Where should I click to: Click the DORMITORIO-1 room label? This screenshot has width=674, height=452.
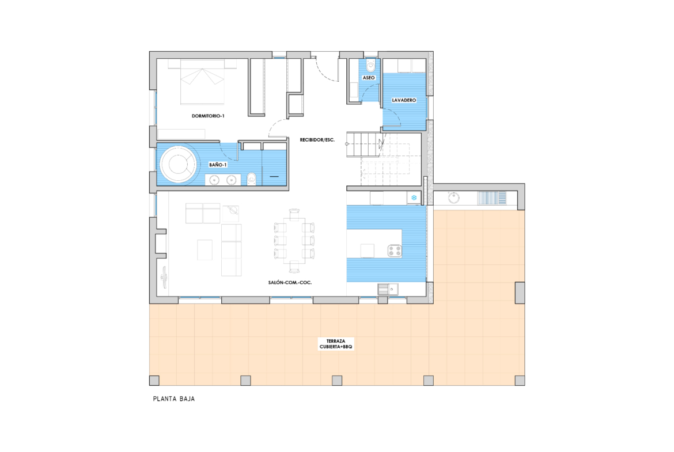(208, 116)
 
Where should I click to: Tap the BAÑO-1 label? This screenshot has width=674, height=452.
(218, 165)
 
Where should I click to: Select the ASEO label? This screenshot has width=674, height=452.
(369, 78)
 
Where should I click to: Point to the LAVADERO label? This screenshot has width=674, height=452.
(404, 100)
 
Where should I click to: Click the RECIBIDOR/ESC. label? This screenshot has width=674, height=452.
(317, 140)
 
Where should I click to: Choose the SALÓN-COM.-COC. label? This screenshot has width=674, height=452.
(290, 283)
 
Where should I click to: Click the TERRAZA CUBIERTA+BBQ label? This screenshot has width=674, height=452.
(336, 344)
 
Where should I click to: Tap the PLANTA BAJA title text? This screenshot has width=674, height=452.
(174, 399)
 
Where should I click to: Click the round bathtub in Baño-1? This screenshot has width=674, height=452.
(177, 165)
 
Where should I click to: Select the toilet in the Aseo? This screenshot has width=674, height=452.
(371, 66)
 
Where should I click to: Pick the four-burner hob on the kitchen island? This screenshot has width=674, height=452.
(395, 250)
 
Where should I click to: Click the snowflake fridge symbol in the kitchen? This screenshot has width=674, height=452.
(414, 198)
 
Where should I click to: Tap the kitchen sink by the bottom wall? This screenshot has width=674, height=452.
(388, 290)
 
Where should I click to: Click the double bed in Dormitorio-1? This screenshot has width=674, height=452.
(202, 82)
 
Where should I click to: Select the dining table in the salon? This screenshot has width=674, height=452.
(294, 241)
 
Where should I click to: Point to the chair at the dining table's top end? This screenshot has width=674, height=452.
(294, 214)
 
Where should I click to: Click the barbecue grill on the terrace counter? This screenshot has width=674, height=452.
(492, 198)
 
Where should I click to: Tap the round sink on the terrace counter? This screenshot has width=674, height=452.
(453, 198)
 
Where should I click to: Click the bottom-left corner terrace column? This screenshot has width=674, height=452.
(154, 381)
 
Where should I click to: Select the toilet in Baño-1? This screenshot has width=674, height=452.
(252, 178)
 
